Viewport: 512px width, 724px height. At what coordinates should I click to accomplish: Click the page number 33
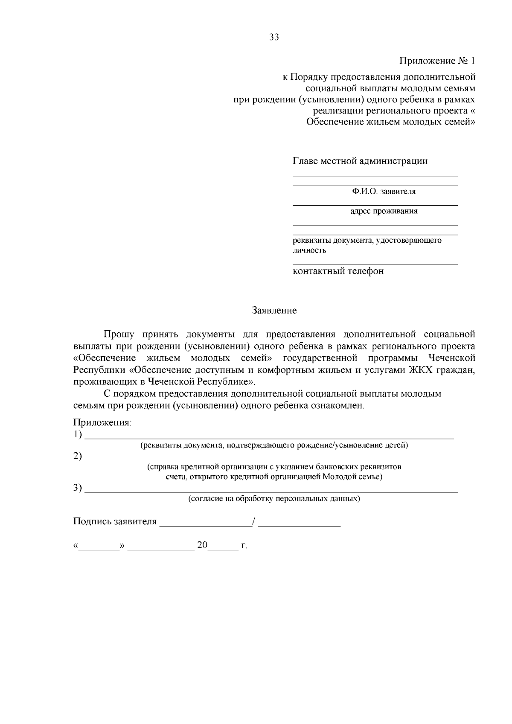pos(274,37)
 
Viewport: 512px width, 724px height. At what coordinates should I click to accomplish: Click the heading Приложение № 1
pos(437,61)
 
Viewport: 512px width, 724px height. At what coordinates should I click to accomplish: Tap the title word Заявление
pos(274,311)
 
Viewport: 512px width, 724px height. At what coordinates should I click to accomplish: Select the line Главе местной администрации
pos(360,161)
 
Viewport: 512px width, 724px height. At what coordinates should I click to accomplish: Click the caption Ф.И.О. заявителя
pos(384,192)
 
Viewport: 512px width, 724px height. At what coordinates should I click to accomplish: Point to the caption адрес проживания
pos(384,211)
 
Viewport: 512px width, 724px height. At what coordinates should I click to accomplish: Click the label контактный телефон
pos(338,271)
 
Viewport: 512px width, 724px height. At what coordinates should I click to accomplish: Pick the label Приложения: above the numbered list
pos(102,423)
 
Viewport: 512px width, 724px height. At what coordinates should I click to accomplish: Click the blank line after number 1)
pos(269,437)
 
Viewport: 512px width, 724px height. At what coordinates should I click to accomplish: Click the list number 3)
pos(77,488)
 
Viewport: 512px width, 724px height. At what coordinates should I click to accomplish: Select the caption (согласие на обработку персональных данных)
pos(274,499)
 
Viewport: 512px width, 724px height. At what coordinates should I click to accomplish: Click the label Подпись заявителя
pos(115,522)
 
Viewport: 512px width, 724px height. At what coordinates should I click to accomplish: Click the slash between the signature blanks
pos(254,521)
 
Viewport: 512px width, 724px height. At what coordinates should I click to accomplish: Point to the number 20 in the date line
pos(202,546)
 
